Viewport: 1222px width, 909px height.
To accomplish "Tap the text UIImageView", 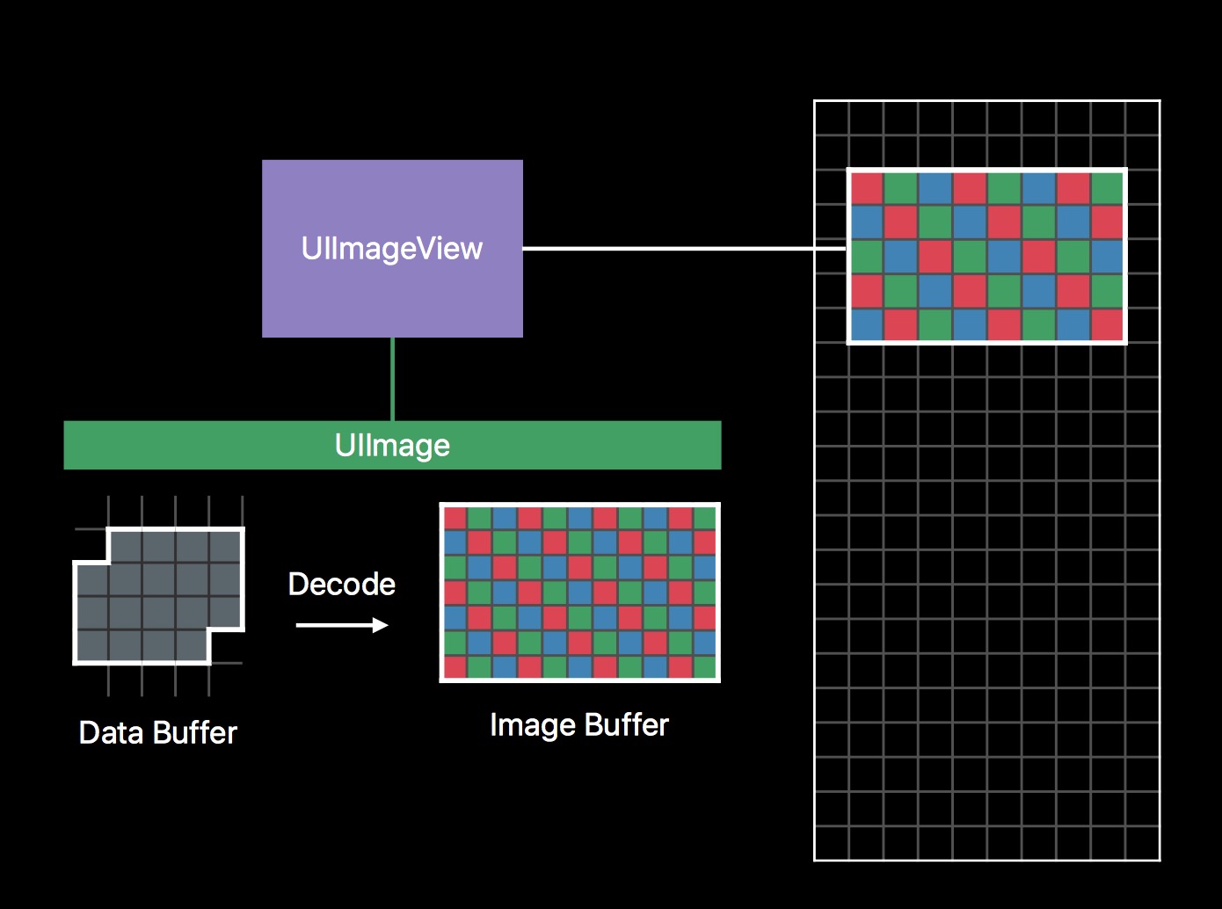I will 392,249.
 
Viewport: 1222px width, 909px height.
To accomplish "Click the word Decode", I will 342,585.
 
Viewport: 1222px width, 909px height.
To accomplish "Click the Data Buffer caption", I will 158,733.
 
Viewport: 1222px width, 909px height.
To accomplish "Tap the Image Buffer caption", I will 579,725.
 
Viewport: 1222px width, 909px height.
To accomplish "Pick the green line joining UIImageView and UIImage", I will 392,379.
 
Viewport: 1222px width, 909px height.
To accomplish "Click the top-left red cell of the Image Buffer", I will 455,518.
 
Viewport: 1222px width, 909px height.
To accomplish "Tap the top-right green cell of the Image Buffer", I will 705,518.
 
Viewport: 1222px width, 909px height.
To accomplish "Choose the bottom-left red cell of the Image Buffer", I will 455,667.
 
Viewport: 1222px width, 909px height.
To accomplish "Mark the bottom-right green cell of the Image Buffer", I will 705,667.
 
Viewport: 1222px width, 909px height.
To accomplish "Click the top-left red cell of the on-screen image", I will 867,188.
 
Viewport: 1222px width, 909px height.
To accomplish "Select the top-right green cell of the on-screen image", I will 1107,188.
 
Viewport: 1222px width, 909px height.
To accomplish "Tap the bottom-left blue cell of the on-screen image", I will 867,324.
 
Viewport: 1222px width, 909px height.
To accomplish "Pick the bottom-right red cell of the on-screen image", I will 1107,324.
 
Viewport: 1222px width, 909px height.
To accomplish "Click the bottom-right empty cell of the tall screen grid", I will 1142,843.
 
